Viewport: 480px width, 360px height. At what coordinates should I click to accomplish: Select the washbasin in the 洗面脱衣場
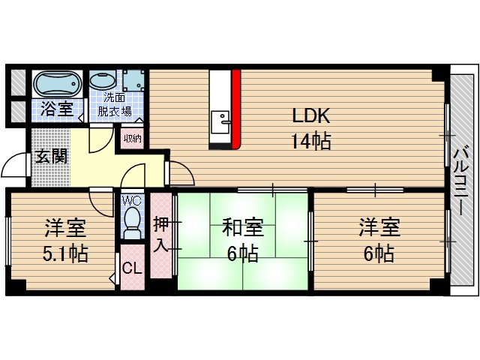click(102, 81)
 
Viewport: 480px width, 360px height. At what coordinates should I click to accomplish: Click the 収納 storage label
click(133, 138)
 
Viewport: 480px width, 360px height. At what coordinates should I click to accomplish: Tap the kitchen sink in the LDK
click(222, 121)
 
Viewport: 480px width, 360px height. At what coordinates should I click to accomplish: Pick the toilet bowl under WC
click(132, 221)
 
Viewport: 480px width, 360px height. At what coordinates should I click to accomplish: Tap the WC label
click(131, 201)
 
